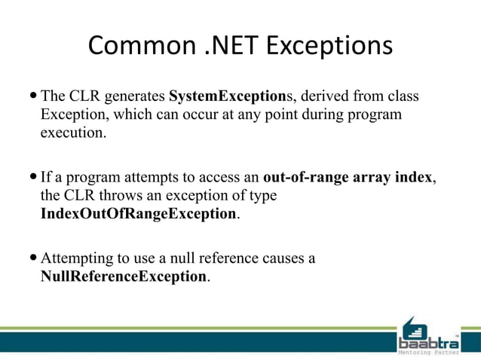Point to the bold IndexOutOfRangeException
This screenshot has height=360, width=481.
(138, 213)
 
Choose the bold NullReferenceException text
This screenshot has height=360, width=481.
(124, 276)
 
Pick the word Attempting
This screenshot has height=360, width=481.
(77, 258)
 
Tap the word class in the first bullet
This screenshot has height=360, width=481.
(402, 97)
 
